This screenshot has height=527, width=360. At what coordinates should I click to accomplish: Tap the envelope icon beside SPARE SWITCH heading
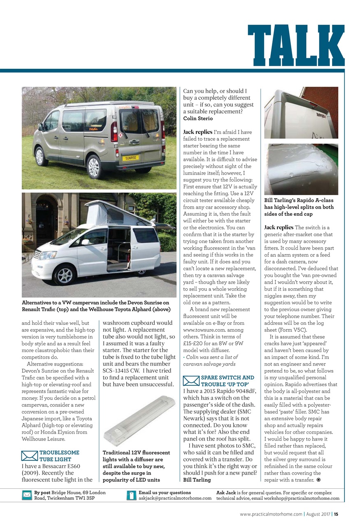191,381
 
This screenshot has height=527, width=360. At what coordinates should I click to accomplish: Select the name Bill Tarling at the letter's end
197,480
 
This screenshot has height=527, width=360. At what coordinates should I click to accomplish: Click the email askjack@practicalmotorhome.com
175,498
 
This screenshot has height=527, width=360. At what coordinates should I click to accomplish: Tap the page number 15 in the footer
336,514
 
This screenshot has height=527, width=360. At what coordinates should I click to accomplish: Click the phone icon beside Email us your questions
131,495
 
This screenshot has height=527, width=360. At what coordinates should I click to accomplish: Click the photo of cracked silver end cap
301,169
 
